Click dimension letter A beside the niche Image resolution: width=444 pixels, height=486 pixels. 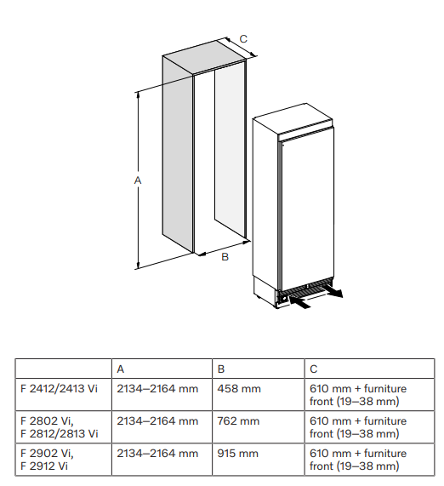point(138,180)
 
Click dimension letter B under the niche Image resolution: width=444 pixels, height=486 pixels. point(225,257)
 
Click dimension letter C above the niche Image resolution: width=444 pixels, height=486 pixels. point(243,39)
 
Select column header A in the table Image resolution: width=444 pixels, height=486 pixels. point(121,369)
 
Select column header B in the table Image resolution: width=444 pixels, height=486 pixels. point(221,369)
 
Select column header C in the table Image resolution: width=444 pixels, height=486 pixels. point(314,369)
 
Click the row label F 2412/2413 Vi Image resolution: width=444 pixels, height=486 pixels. point(59,389)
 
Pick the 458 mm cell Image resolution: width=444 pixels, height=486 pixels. point(239,389)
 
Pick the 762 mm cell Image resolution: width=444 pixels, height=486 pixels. point(238,421)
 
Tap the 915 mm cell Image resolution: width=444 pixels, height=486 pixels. point(237,453)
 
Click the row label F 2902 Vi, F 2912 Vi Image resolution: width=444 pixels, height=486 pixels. point(47,460)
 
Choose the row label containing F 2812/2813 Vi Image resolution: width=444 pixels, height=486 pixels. point(60,427)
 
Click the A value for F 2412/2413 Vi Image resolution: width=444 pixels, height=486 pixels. point(157,389)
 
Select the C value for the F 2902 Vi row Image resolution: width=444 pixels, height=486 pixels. point(358,460)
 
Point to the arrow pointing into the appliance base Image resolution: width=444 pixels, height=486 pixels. point(299,302)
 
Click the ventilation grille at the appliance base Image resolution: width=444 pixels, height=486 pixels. point(305,289)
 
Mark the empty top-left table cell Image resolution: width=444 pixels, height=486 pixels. point(64,369)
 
